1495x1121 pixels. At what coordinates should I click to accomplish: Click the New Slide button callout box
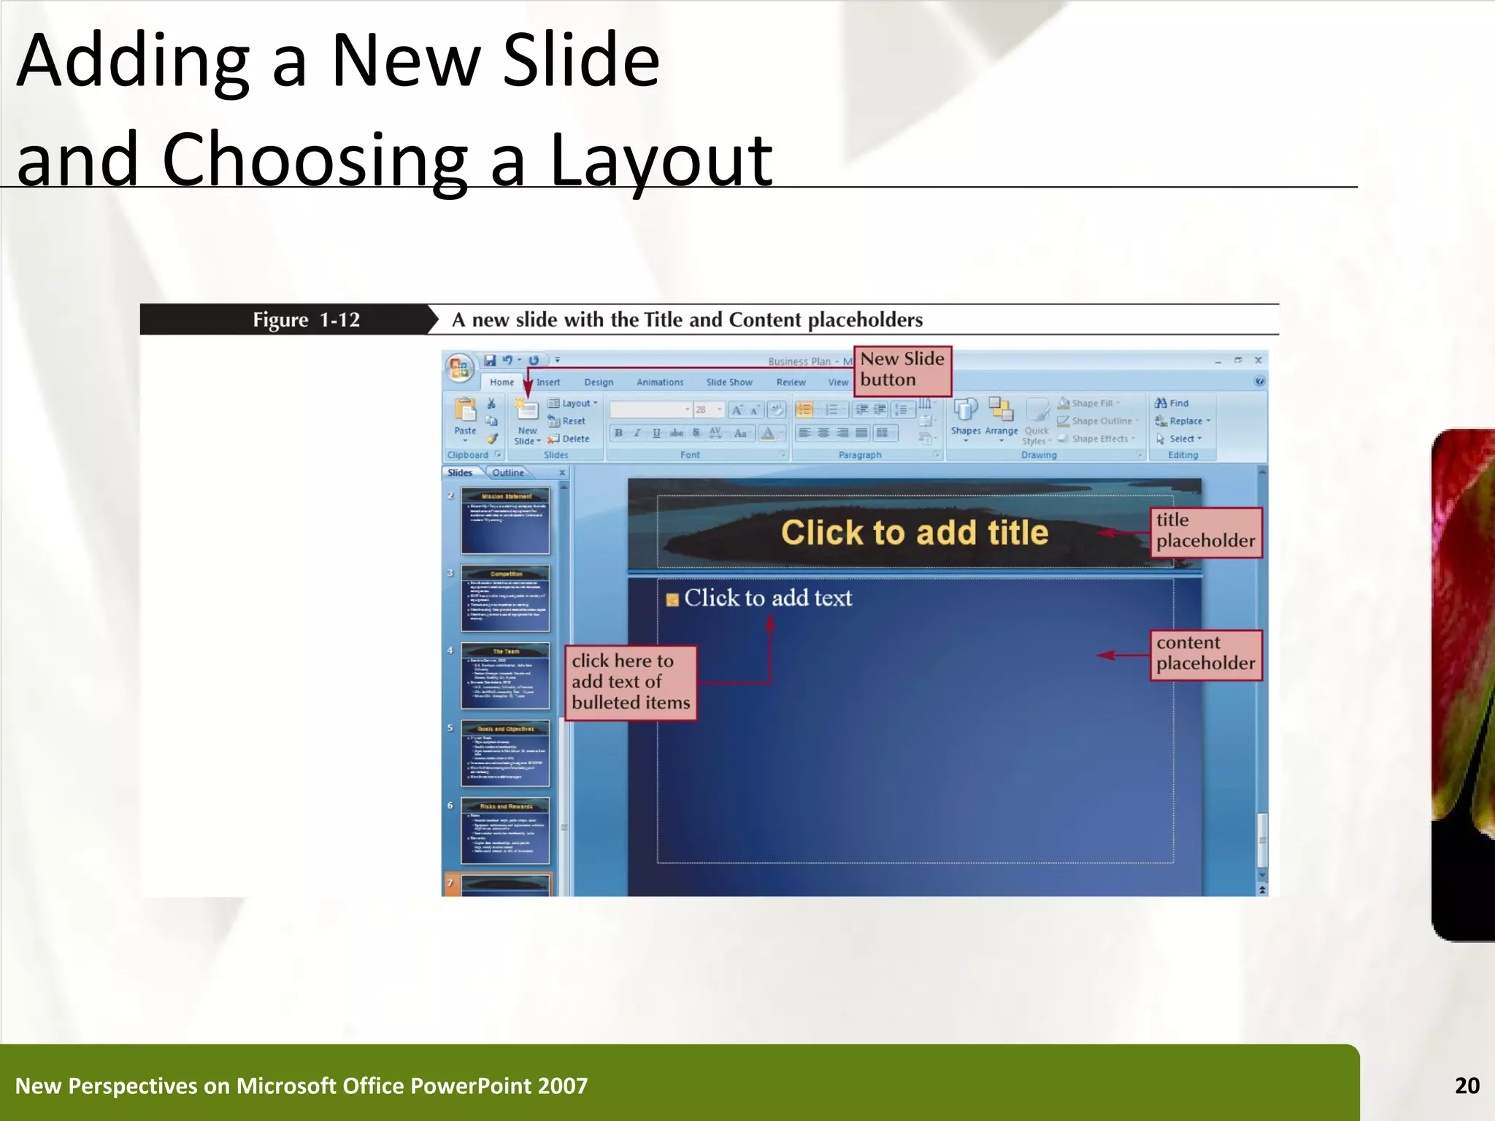point(902,370)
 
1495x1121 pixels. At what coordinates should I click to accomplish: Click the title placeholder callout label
point(1205,531)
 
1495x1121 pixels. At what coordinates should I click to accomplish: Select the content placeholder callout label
point(1205,654)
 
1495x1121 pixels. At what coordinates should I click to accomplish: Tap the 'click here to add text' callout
point(630,682)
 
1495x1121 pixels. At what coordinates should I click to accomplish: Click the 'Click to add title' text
point(914,532)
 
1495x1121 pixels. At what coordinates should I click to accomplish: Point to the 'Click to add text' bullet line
point(767,598)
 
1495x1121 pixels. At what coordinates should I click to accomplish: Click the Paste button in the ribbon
point(465,417)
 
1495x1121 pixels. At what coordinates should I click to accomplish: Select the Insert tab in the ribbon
point(548,382)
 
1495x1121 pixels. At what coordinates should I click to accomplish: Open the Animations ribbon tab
point(660,382)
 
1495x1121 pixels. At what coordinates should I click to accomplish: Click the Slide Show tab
point(729,382)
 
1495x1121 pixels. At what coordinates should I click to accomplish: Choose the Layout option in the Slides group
point(573,404)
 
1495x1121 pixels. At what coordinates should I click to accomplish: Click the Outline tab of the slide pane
point(507,473)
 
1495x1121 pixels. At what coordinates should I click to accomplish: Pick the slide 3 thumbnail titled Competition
point(505,598)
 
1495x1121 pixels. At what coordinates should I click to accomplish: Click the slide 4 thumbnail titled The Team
point(505,677)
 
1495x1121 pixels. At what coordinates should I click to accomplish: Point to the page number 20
point(1467,1086)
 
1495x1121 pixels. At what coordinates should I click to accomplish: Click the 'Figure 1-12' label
point(306,320)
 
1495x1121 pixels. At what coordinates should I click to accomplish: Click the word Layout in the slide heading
point(660,159)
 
